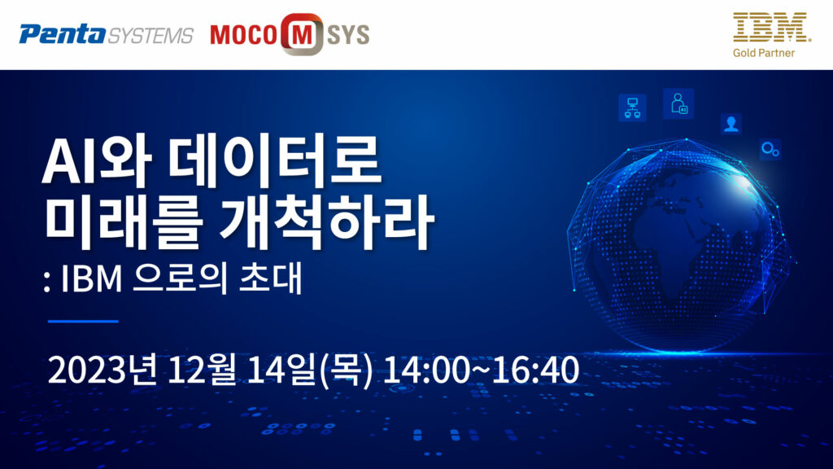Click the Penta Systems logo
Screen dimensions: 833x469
(107, 35)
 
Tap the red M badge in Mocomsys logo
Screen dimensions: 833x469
(302, 34)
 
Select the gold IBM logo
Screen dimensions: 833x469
(771, 28)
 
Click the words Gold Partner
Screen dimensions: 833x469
(763, 53)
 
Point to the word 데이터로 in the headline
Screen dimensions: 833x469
(274, 160)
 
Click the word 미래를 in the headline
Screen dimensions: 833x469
(123, 222)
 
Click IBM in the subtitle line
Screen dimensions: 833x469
(91, 278)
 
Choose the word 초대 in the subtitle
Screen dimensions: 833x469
(271, 278)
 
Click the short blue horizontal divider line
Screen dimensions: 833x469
(83, 321)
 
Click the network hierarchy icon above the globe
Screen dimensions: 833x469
(632, 107)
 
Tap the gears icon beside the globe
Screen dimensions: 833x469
(770, 150)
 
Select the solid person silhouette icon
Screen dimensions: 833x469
(731, 124)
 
